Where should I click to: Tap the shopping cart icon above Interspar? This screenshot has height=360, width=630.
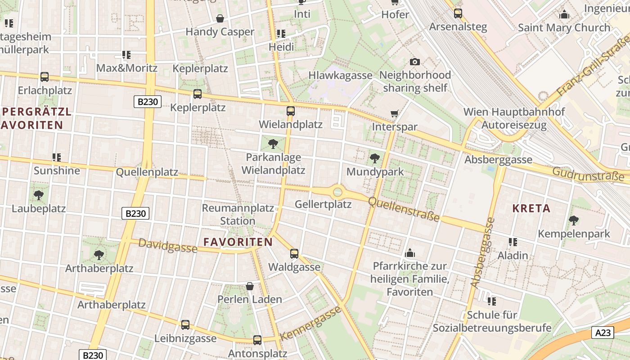[395, 113]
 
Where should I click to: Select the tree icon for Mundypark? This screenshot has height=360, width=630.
[374, 158]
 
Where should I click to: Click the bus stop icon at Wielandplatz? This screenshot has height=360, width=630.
[291, 111]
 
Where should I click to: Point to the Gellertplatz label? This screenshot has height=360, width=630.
[323, 204]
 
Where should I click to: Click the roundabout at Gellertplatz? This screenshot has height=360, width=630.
[337, 193]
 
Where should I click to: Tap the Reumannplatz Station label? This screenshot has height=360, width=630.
[238, 215]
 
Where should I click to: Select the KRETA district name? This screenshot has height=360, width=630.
[531, 208]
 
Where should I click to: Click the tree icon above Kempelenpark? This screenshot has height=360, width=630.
[574, 220]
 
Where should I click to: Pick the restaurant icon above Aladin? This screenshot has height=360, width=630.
[513, 242]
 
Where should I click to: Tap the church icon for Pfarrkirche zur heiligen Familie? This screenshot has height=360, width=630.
[409, 253]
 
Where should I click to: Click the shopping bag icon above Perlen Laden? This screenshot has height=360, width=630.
[250, 286]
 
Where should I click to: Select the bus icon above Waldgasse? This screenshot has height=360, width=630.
[294, 254]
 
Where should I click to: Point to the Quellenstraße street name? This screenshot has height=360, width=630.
[404, 209]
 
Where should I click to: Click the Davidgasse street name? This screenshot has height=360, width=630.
[167, 246]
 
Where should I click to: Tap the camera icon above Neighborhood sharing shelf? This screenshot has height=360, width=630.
[415, 62]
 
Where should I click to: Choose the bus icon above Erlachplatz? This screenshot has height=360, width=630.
[45, 77]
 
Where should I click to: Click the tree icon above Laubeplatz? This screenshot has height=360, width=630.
[39, 195]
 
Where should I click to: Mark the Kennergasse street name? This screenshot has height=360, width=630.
[310, 324]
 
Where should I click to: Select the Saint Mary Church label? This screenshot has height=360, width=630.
[564, 27]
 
